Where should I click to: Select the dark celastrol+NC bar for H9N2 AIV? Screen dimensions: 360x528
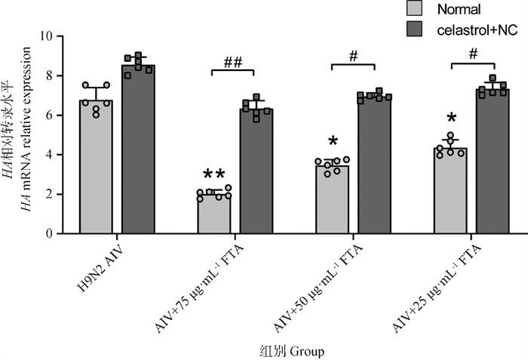tap(138, 150)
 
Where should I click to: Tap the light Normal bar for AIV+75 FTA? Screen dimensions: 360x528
tap(214, 214)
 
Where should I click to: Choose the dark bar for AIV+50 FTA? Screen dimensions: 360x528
tap(375, 165)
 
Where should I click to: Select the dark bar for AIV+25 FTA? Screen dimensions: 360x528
tap(493, 162)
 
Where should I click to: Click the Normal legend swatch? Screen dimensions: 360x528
tap(415, 9)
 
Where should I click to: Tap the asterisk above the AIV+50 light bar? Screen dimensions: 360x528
tap(333, 142)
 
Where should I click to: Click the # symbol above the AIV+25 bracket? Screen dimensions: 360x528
tap(472, 54)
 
